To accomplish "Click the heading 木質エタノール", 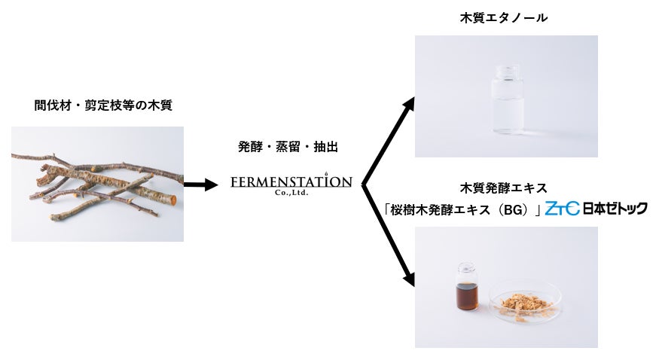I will point(503,17).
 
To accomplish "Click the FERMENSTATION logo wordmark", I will point(291,182).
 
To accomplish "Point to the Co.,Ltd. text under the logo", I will point(291,193).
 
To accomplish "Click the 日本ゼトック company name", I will point(615,208).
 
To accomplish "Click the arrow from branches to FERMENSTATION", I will point(200,185).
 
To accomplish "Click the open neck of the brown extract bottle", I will point(468,268).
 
